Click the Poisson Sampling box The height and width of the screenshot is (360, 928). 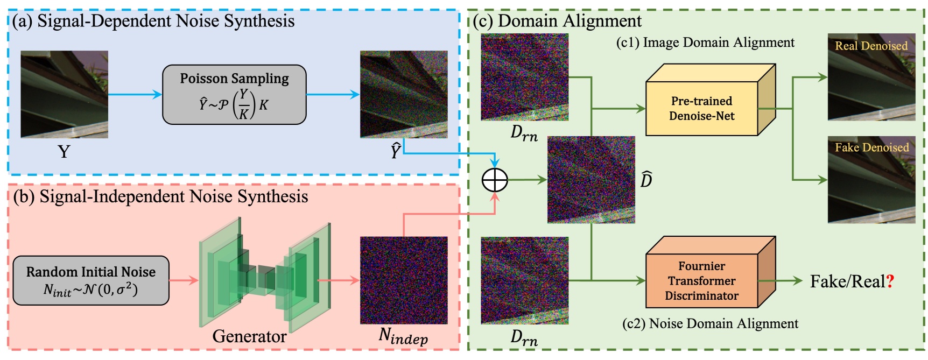point(234,95)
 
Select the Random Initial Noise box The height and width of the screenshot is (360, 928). point(90,280)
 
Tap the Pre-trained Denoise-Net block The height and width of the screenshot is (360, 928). point(701,108)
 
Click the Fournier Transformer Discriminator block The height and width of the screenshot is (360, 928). point(701,280)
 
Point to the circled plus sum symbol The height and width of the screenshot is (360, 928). point(495,180)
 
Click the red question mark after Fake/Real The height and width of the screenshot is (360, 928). point(890,281)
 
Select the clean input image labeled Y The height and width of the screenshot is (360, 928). point(64,94)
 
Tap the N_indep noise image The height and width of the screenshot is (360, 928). point(404,280)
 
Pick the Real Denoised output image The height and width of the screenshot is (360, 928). point(871,77)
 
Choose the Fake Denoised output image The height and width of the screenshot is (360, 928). point(871,180)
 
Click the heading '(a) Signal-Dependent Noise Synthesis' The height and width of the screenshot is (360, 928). point(153,21)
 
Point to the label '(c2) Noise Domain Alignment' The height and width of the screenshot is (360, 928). point(710,323)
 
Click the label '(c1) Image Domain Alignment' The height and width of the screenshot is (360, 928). point(705,43)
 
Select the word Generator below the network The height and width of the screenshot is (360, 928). point(249,336)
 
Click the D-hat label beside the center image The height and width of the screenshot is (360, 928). point(646,179)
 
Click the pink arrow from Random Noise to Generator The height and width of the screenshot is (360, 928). point(184,280)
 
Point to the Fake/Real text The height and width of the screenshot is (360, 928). point(847,281)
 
